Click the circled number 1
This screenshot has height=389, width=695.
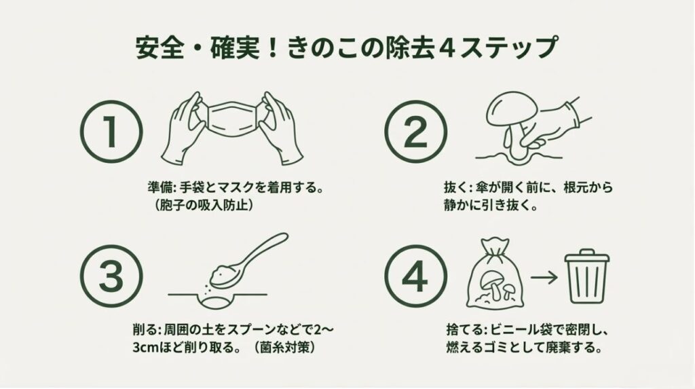coord(111,132)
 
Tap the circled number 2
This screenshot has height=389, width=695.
coord(415,132)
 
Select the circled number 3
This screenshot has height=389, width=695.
coord(111,276)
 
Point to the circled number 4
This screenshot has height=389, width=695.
coord(415,276)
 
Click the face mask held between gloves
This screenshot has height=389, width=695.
coord(233,119)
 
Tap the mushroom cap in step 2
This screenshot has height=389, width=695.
coord(512,108)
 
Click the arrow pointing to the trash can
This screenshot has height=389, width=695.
coord(544,278)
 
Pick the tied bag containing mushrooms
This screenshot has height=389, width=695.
coord(495,274)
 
